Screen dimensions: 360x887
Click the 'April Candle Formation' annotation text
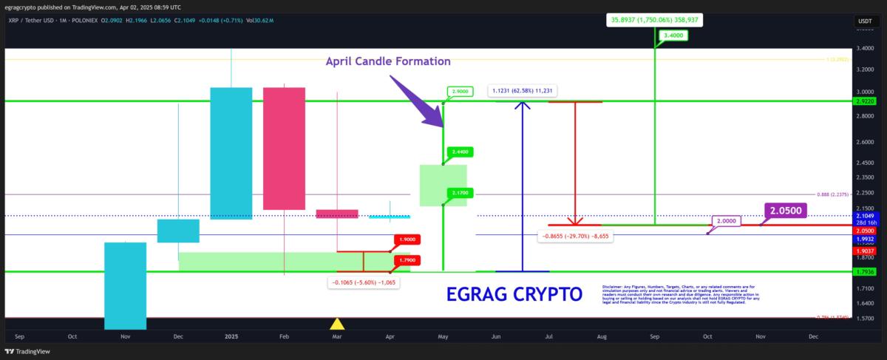388,61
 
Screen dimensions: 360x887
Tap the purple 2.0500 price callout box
785,211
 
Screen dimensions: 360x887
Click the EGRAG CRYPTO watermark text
514,294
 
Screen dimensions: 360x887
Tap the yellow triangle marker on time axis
337,323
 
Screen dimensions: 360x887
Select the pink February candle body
284,148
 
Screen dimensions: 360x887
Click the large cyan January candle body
231,153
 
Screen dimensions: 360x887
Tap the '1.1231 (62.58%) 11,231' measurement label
522,91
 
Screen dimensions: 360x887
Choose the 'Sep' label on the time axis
655,336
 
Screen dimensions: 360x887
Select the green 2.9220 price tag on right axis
863,101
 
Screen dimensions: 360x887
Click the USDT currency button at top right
864,21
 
